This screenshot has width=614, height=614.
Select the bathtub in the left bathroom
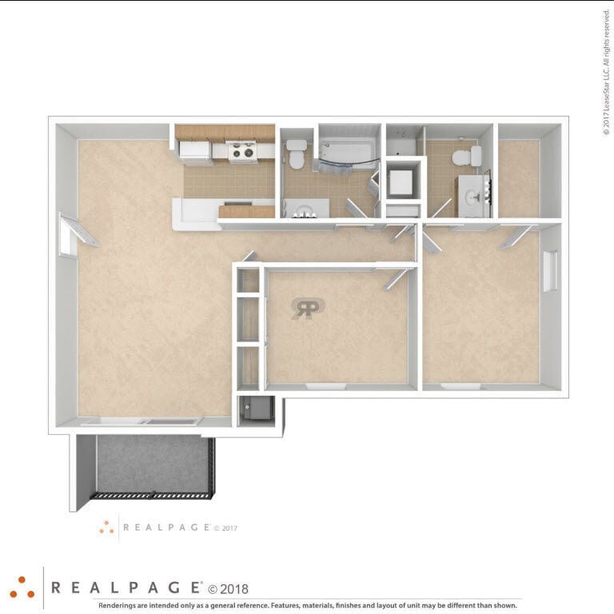coord(347,152)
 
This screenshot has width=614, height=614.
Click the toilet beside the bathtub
coord(297,153)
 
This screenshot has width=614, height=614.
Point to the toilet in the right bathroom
coord(466,156)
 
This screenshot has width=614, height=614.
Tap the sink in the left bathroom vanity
coord(304,210)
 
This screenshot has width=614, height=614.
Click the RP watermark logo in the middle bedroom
coord(307,309)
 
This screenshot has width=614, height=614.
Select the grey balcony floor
coord(152,464)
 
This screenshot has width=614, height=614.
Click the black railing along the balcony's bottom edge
coord(152,496)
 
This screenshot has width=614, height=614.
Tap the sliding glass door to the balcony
coord(144,421)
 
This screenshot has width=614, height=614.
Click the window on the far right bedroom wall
coord(550,271)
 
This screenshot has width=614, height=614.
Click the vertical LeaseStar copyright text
coord(606,72)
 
